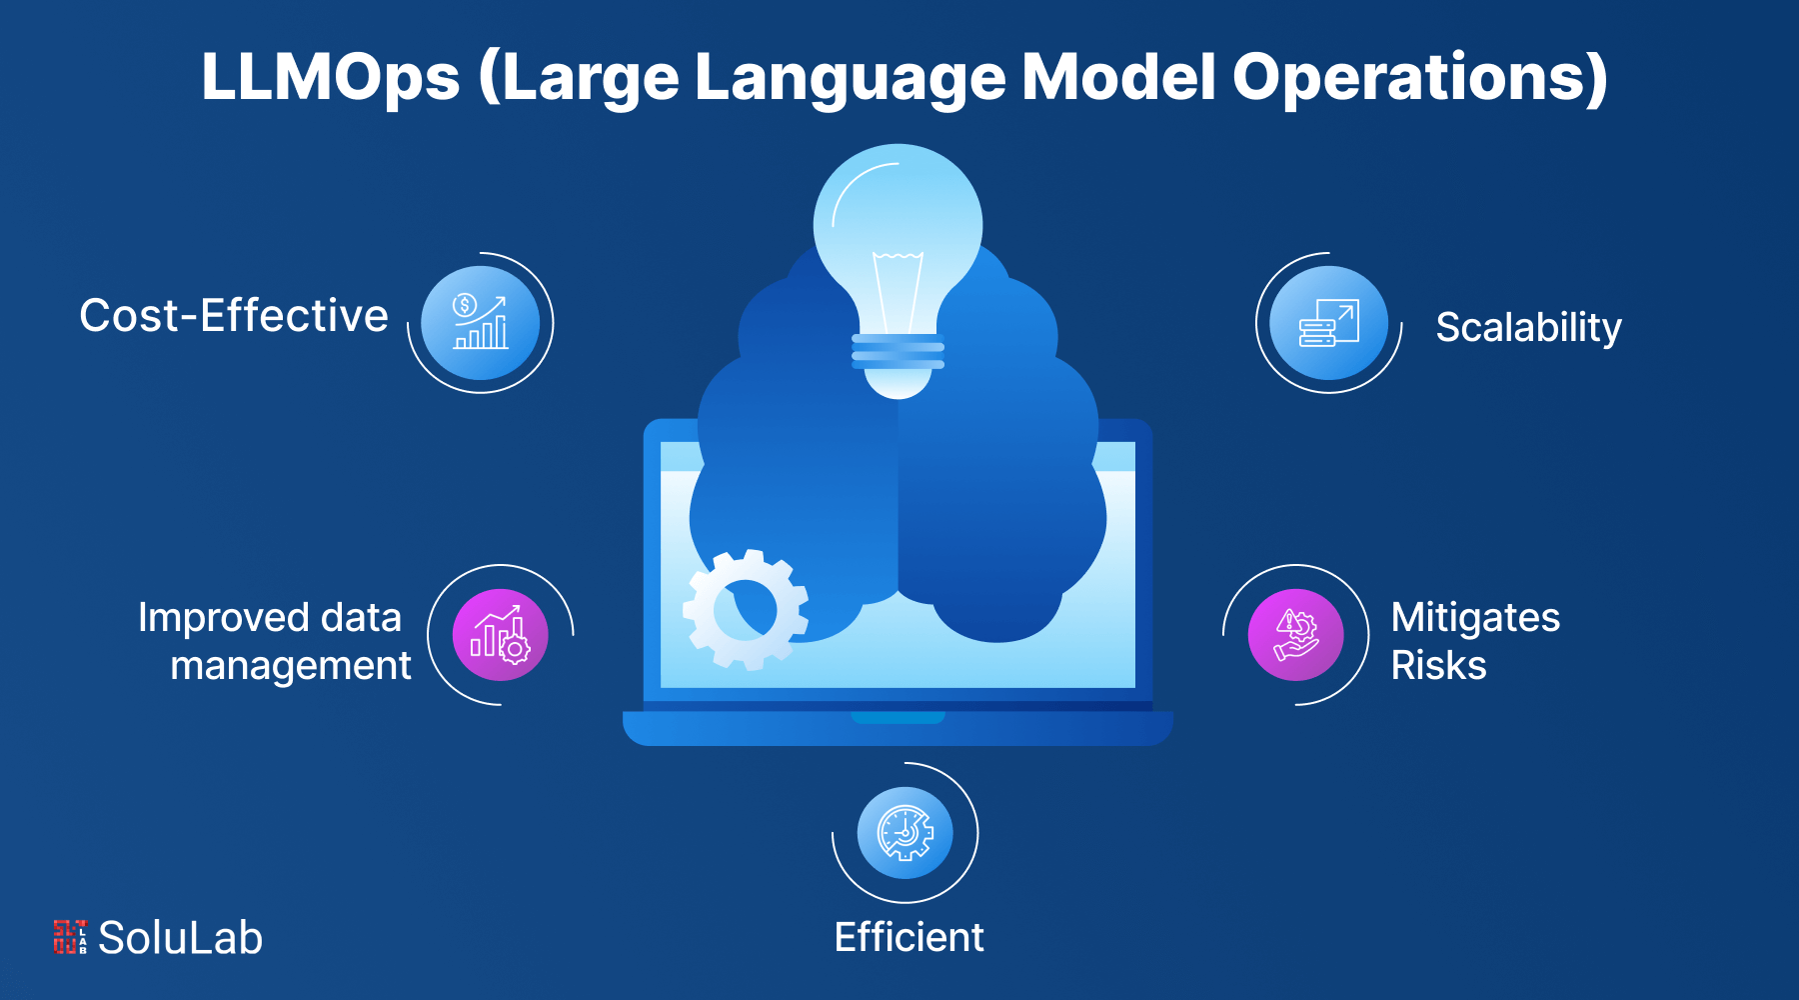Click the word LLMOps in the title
pyautogui.click(x=330, y=78)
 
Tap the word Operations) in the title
pyautogui.click(x=1419, y=78)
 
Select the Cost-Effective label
pyautogui.click(x=234, y=316)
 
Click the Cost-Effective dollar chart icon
pyautogui.click(x=481, y=322)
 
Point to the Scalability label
pyautogui.click(x=1528, y=327)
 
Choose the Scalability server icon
pyautogui.click(x=1328, y=322)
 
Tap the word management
pyautogui.click(x=290, y=666)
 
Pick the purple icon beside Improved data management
pyautogui.click(x=500, y=635)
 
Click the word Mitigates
pyautogui.click(x=1475, y=618)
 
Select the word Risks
pyautogui.click(x=1438, y=666)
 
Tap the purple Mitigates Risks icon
pyautogui.click(x=1296, y=635)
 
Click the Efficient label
pyautogui.click(x=908, y=938)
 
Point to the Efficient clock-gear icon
pyautogui.click(x=904, y=833)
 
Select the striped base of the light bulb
pyautogui.click(x=898, y=352)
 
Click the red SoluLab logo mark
pyautogui.click(x=69, y=937)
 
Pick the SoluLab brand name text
pyautogui.click(x=181, y=938)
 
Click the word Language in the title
pyautogui.click(x=850, y=78)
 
